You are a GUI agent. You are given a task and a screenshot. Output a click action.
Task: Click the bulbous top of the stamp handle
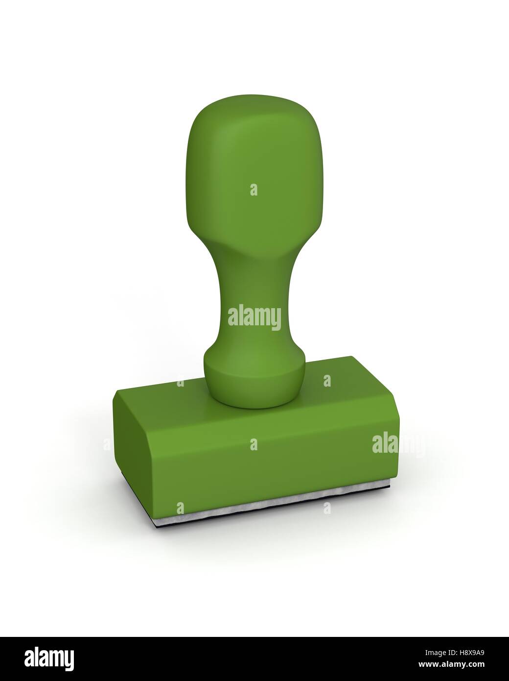point(254,162)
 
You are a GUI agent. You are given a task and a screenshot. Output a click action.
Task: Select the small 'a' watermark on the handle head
point(254,190)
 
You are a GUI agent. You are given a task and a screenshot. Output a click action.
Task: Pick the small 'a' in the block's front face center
point(254,444)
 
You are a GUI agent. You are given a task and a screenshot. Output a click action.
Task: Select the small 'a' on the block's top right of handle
point(327,380)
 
